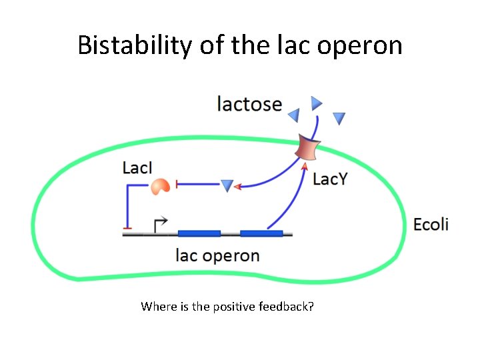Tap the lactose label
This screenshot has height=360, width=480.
coord(249,104)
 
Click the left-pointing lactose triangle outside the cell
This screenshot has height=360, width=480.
coord(294,115)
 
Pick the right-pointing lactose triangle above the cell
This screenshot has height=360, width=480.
coord(317,103)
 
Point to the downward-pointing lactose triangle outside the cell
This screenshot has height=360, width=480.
coord(339,119)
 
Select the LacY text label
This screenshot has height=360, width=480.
coord(330,179)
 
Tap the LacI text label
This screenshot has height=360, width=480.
coord(137,167)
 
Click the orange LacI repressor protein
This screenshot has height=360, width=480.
coord(160,186)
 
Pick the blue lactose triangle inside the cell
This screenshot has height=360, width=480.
coord(227,185)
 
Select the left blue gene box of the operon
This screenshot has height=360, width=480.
coord(199,233)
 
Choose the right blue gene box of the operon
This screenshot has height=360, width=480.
coord(261,233)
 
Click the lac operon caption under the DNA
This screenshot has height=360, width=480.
coord(217,255)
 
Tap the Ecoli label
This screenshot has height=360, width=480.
coord(431,224)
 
